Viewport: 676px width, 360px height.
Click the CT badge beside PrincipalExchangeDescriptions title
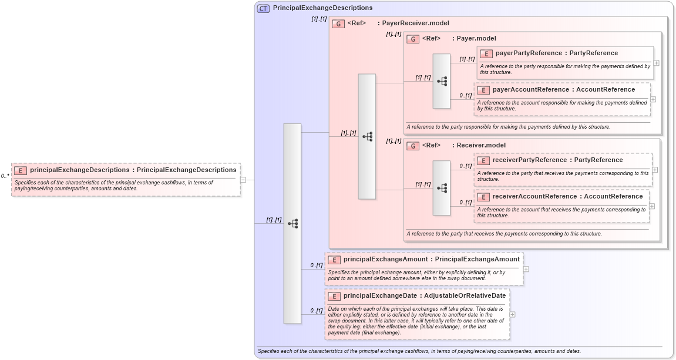coord(263,8)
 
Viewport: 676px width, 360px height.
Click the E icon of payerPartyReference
coord(486,53)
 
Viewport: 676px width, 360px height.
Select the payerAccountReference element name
coord(530,90)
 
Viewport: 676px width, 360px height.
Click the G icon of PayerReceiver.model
coord(338,24)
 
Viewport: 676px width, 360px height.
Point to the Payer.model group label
coord(476,38)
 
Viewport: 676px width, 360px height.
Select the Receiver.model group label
coord(480,145)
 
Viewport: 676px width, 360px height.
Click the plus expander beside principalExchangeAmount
coord(526,269)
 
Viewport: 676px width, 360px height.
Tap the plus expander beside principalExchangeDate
coord(513,314)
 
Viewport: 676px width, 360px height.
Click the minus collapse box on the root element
coord(243,180)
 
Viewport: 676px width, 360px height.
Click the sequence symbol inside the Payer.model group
coord(442,81)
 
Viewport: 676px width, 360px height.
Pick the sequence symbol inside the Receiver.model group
coord(442,188)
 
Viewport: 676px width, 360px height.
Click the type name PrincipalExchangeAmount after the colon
coord(477,259)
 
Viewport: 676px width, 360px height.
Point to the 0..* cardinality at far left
coord(5,176)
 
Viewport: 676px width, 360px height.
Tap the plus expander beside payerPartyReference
coord(656,63)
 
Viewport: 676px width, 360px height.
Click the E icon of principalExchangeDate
coord(334,296)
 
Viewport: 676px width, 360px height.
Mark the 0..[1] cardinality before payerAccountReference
coord(465,95)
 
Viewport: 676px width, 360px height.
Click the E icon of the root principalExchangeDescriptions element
coord(21,170)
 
